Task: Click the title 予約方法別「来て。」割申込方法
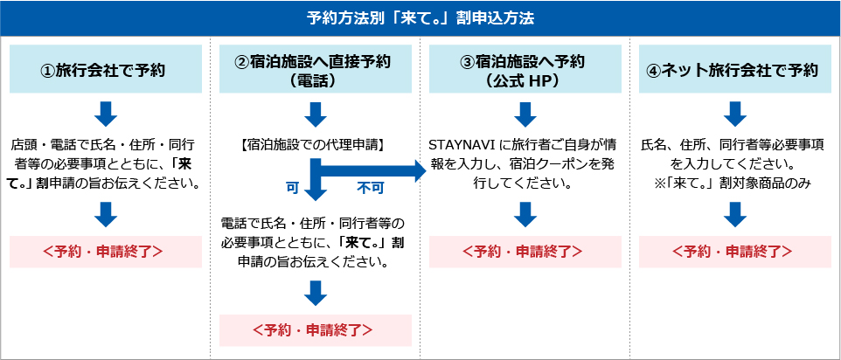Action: (420, 18)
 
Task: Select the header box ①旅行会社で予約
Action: (106, 69)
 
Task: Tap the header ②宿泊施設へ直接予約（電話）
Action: (316, 69)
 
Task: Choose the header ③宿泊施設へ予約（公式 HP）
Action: (525, 69)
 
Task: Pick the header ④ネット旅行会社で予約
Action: (735, 69)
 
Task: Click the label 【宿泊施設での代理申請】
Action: (316, 144)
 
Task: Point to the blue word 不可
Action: (370, 188)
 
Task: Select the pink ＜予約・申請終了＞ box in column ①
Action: (106, 252)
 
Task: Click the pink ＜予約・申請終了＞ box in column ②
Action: (316, 330)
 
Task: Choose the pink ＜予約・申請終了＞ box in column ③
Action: (525, 252)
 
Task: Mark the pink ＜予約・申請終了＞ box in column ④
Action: (735, 252)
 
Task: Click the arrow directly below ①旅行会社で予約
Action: (106, 114)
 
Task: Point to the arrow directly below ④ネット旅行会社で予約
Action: (735, 114)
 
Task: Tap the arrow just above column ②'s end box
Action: (316, 294)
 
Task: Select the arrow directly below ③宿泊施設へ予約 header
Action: (525, 114)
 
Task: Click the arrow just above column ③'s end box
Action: (525, 214)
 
